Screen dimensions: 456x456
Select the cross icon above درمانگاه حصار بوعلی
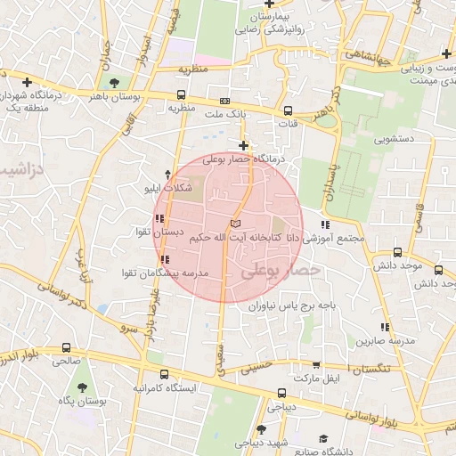(x=243, y=144)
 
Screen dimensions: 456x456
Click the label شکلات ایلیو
(x=168, y=189)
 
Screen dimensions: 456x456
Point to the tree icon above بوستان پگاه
(x=83, y=387)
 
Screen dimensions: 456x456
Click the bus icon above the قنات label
(x=287, y=111)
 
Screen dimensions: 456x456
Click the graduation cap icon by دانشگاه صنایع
(x=322, y=437)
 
